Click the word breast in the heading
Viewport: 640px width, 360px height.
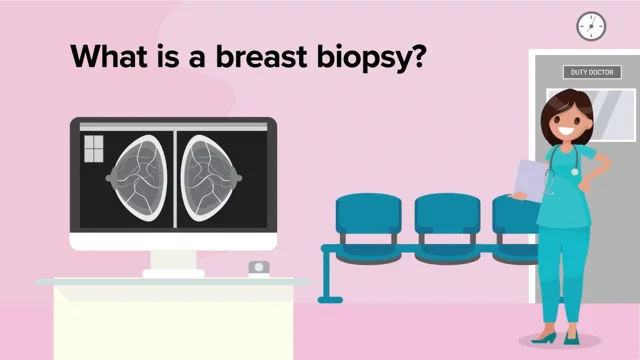[271, 57]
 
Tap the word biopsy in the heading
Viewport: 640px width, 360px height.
[376, 58]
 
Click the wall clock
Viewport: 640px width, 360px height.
[591, 25]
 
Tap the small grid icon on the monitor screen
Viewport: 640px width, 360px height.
[92, 148]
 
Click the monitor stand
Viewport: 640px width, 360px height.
[173, 262]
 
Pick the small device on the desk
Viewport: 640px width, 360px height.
[258, 268]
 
